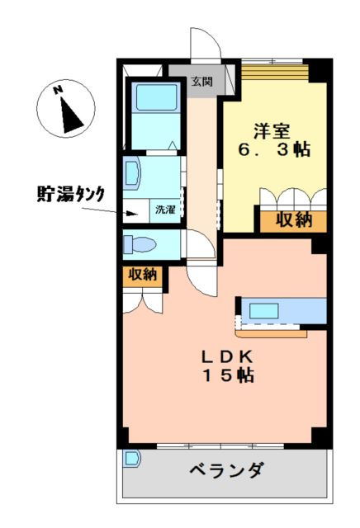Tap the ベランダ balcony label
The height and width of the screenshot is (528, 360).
coord(225,472)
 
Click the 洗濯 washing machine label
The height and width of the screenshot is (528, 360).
coord(165,210)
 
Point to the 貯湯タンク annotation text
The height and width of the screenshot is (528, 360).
coord(69,194)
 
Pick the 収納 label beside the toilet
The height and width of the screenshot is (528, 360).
coord(141,275)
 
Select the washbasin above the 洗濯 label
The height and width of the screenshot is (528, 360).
coord(133,175)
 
